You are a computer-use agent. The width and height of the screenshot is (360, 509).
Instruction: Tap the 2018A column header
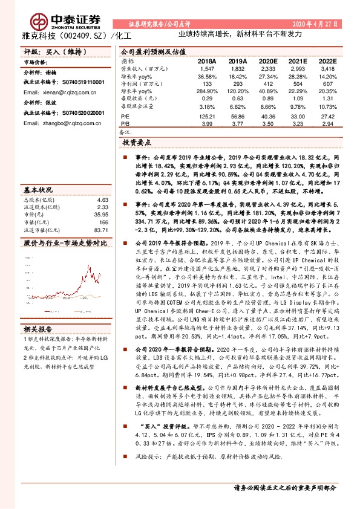click(207, 62)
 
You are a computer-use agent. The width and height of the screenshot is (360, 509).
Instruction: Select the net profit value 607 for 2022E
click(328, 84)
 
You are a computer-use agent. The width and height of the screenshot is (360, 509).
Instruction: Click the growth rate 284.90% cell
click(207, 91)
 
